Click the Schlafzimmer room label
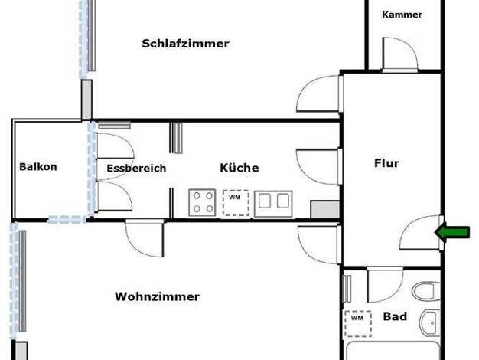click(185, 44)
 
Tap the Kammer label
click(402, 15)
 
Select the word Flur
click(386, 163)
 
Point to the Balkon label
click(38, 167)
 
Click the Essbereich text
click(136, 169)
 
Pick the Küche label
click(239, 168)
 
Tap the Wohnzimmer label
click(158, 296)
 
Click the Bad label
click(395, 316)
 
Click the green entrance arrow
click(452, 232)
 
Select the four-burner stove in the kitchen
click(203, 202)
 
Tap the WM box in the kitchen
click(236, 203)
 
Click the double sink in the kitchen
click(273, 204)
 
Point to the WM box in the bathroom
click(358, 323)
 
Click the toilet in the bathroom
click(426, 291)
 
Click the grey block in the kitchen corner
click(325, 210)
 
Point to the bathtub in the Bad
click(393, 351)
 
